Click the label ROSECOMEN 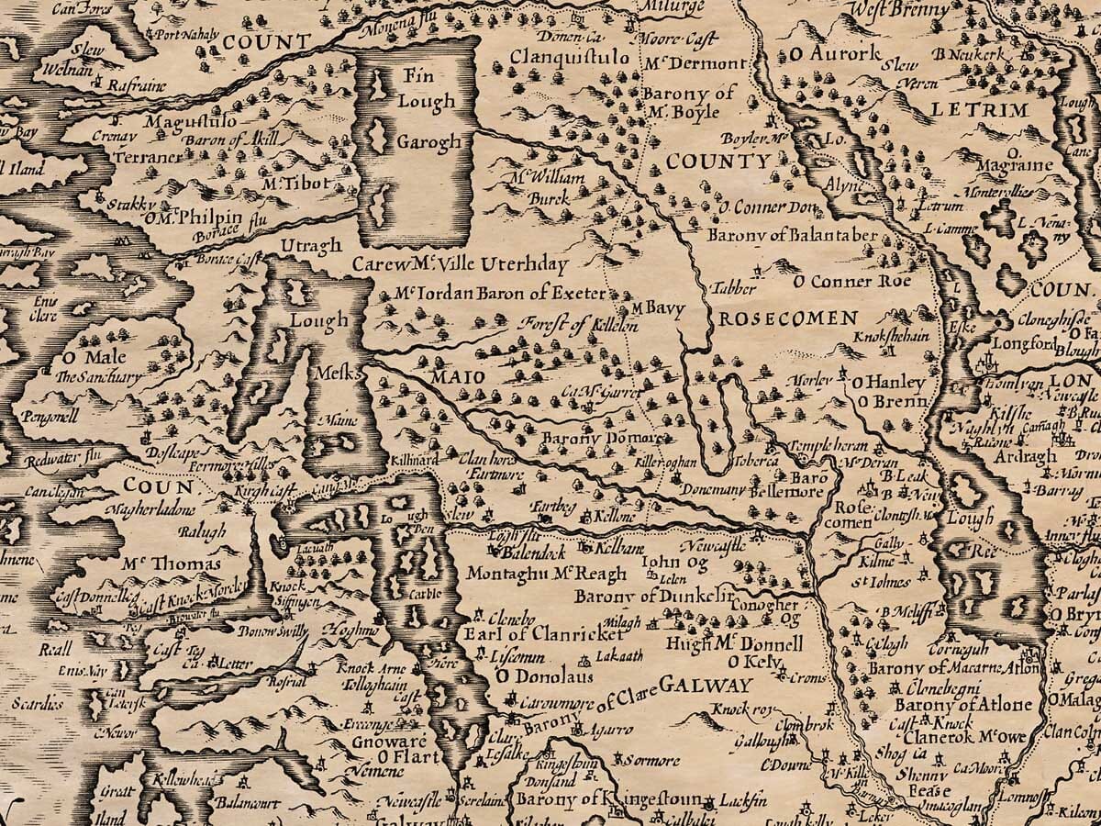point(787,318)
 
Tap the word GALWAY point(706,685)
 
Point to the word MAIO point(439,376)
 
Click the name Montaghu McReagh point(546,574)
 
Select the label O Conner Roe point(852,281)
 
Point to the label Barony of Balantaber point(793,235)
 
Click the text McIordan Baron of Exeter point(499,294)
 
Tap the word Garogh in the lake point(428,142)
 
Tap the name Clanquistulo point(571,59)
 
